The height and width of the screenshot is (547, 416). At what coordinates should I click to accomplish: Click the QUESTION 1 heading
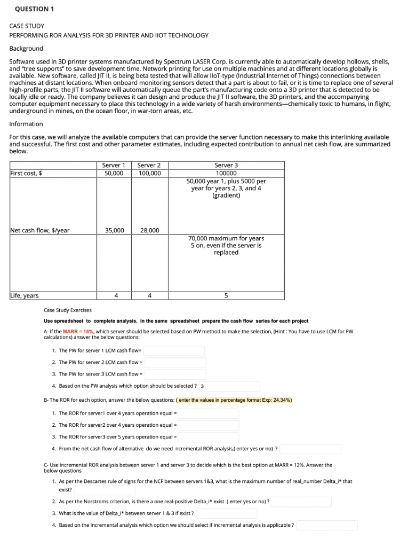tap(35, 9)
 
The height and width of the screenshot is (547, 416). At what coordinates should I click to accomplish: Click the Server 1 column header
tap(113, 165)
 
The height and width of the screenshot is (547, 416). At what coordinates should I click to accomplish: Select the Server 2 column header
tap(149, 165)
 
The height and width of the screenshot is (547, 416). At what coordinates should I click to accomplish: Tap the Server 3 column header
tap(226, 165)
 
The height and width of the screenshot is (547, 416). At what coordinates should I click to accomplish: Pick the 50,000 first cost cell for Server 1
tap(113, 173)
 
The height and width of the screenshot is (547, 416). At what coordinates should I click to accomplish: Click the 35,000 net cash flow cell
tap(114, 230)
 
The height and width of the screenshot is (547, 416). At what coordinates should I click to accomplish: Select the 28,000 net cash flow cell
tap(149, 230)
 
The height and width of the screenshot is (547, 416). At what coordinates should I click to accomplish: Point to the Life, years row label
tap(25, 295)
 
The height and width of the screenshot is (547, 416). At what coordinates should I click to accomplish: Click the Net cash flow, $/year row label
tap(40, 230)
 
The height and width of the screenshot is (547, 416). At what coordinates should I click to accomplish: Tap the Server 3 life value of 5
tap(226, 295)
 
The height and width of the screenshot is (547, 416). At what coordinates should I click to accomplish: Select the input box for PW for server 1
tap(174, 351)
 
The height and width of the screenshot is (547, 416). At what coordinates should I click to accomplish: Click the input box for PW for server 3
tap(175, 374)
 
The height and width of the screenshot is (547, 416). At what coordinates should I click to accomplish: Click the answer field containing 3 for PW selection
tap(229, 386)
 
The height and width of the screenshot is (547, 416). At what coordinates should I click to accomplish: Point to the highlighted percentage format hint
tap(235, 400)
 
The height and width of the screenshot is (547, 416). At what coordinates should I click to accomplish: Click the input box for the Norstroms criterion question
tap(301, 502)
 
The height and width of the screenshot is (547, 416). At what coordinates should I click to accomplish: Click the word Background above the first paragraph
tap(26, 48)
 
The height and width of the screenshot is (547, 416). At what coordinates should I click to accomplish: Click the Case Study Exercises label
tap(68, 310)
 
